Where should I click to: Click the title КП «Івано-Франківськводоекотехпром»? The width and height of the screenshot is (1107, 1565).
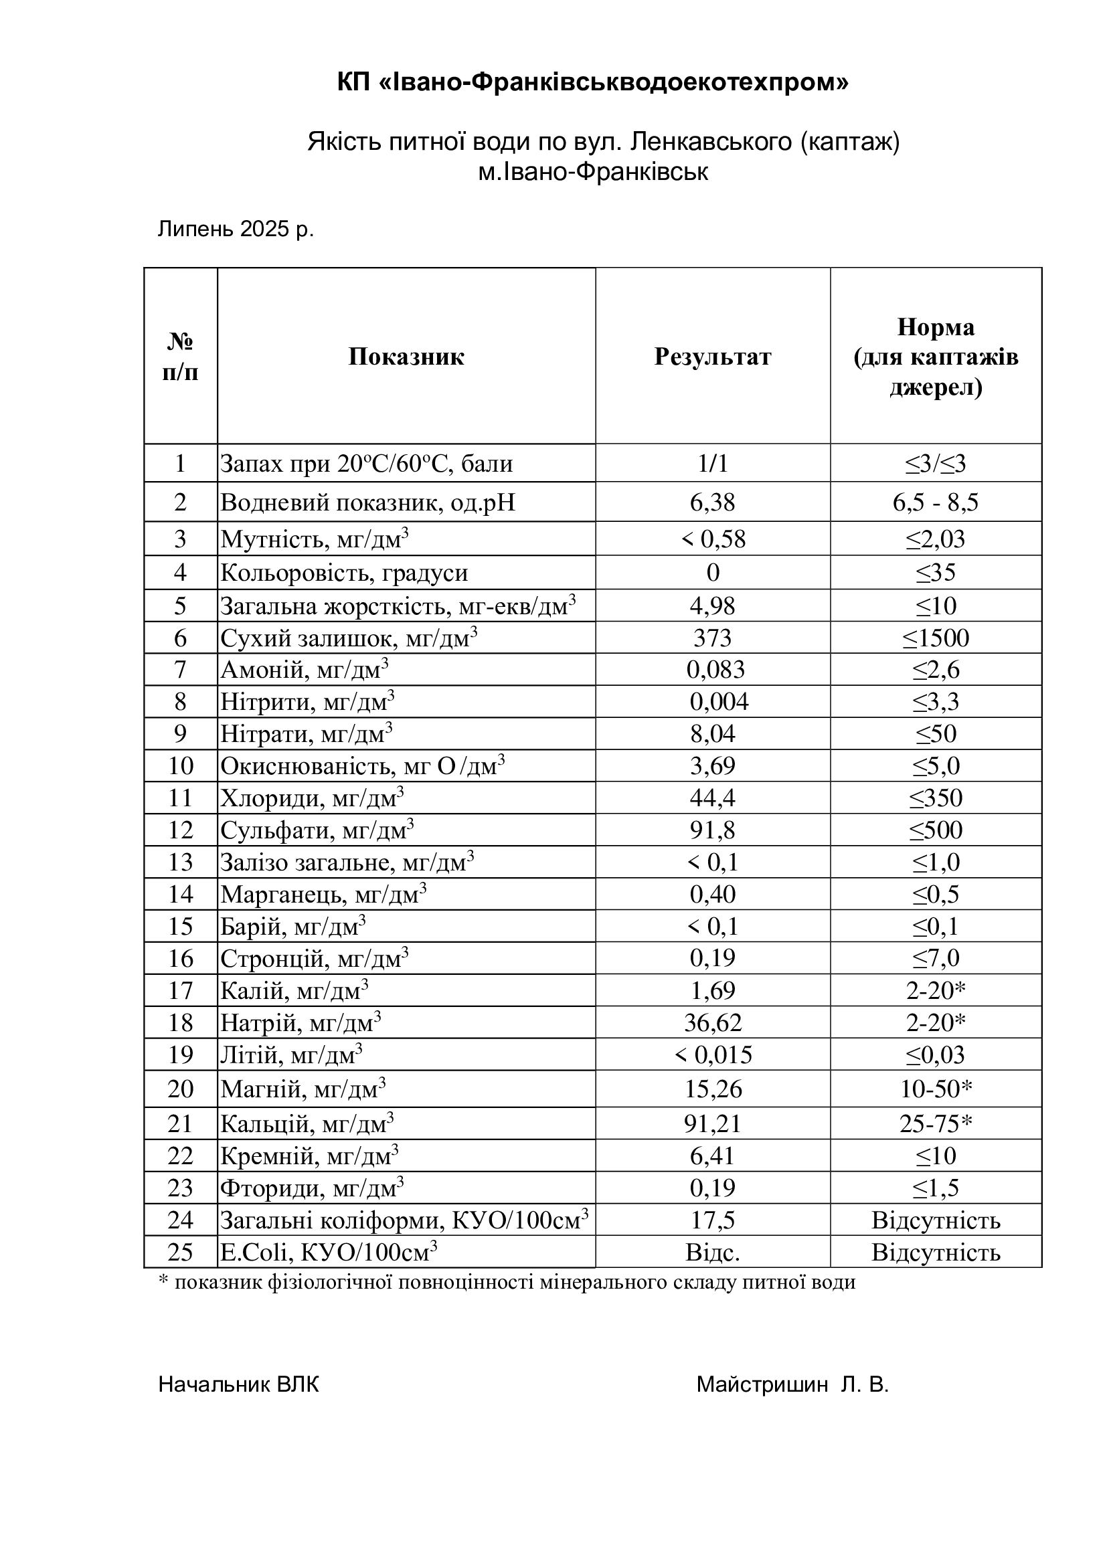click(592, 83)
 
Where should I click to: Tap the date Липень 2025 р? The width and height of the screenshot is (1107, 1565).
click(236, 229)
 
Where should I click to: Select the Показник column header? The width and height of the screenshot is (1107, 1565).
click(406, 357)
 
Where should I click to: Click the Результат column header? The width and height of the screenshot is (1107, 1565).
click(712, 357)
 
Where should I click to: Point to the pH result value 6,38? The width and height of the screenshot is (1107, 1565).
click(712, 502)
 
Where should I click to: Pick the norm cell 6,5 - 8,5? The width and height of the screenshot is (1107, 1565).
click(935, 502)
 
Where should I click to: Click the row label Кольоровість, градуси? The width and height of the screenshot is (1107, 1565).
click(344, 573)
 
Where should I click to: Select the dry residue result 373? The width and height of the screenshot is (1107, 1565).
click(712, 638)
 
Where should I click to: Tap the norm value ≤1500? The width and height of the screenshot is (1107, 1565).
click(935, 638)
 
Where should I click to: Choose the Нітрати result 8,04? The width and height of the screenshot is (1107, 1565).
click(712, 734)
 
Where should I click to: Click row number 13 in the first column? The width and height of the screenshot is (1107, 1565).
click(181, 862)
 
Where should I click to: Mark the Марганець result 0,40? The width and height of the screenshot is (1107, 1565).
click(712, 895)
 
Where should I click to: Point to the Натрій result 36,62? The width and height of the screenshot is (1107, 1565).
click(712, 1022)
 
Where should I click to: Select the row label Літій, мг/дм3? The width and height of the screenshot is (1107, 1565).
click(291, 1055)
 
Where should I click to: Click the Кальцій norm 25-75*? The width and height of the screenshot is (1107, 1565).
click(935, 1123)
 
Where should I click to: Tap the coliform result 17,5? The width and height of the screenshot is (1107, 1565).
click(712, 1220)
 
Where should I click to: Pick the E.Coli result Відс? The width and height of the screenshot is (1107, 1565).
click(712, 1253)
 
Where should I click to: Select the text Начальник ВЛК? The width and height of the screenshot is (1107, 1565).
click(238, 1384)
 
